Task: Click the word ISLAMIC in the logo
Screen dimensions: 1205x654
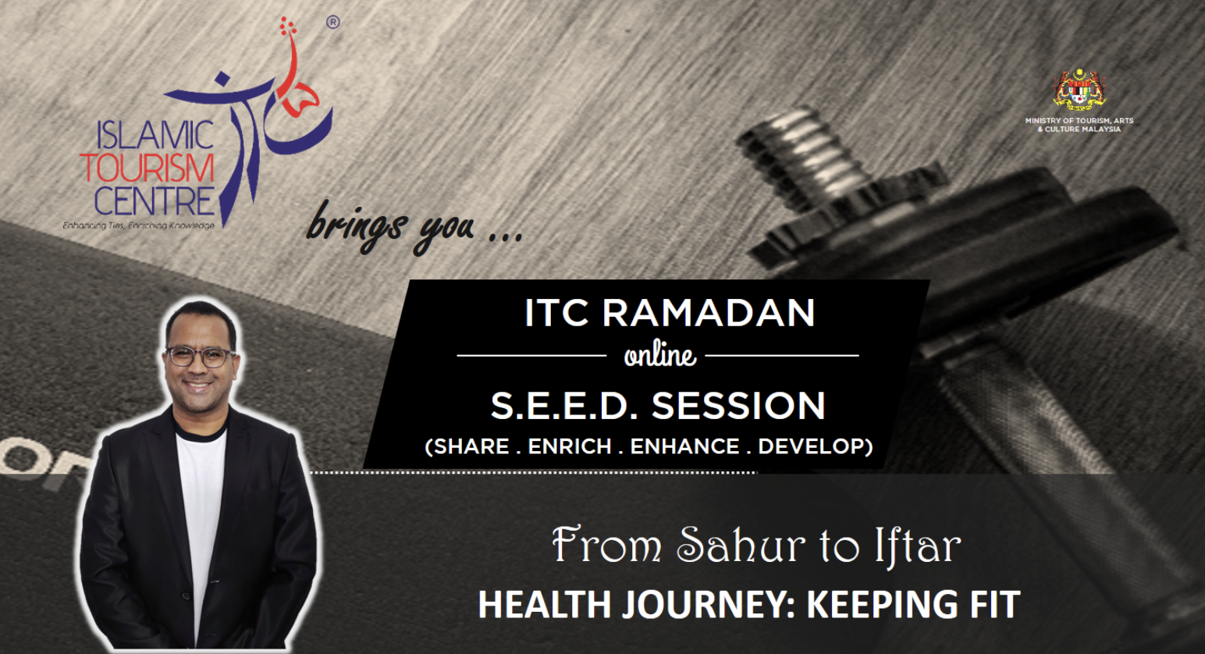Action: [x=155, y=134]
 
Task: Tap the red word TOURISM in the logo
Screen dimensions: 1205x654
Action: [x=148, y=168]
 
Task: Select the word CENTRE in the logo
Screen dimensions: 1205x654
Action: [x=155, y=201]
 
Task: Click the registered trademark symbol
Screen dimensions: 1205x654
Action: [x=333, y=22]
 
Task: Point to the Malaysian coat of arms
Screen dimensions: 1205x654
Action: [x=1079, y=89]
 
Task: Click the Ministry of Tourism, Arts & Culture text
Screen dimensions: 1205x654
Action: [x=1079, y=125]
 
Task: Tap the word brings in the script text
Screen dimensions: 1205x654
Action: [x=355, y=226]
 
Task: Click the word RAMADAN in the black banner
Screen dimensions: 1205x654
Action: [x=709, y=312]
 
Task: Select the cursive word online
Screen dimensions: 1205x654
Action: [x=660, y=356]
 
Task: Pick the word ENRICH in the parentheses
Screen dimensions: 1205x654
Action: [x=570, y=446]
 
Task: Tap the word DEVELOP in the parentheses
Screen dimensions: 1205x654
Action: [x=811, y=446]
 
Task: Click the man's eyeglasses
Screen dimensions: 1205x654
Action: [x=200, y=357]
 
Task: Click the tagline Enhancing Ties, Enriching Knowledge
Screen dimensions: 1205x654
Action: [x=139, y=226]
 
